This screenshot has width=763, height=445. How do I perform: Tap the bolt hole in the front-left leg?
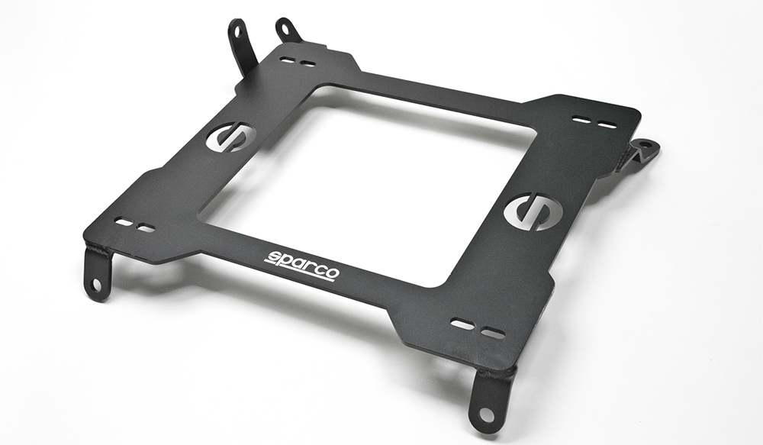96,284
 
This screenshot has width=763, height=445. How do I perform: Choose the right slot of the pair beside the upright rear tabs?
307,64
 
